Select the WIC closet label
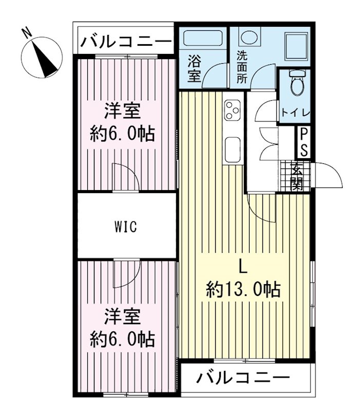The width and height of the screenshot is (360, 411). (x=126, y=227)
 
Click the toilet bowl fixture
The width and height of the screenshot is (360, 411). (x=296, y=85)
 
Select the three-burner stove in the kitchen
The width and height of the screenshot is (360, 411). (x=232, y=110)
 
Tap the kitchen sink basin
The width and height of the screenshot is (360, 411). (x=233, y=149)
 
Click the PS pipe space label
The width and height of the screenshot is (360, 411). (x=304, y=142)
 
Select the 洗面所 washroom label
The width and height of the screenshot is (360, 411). (x=241, y=67)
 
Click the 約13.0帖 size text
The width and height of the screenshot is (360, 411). (x=243, y=290)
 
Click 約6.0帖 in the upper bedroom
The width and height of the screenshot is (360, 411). (x=123, y=134)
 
